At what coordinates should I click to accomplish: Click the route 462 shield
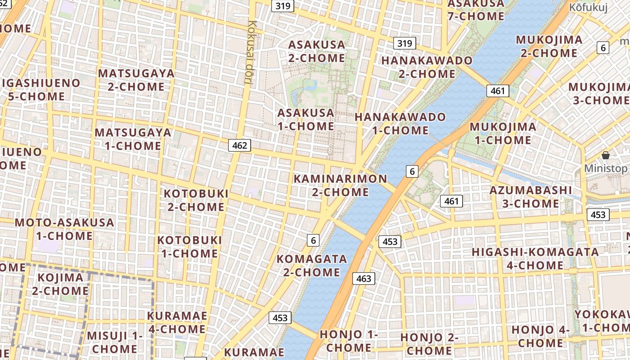pyautogui.click(x=239, y=145)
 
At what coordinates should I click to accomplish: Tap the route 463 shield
pyautogui.click(x=363, y=279)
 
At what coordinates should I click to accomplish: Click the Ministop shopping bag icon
pyautogui.click(x=606, y=155)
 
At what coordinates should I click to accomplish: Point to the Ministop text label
pyautogui.click(x=606, y=169)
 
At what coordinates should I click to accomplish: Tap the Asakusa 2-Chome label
pyautogui.click(x=317, y=51)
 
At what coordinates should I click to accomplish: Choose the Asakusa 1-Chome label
pyautogui.click(x=306, y=119)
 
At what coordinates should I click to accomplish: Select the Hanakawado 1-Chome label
pyautogui.click(x=400, y=124)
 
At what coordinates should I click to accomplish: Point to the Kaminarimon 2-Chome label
pyautogui.click(x=340, y=185)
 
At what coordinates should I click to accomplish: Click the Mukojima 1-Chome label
pyautogui.click(x=503, y=133)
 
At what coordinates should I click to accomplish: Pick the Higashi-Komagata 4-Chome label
pyautogui.click(x=535, y=258)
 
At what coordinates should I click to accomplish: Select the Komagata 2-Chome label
pyautogui.click(x=311, y=265)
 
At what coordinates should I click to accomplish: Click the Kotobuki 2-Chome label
pyautogui.click(x=196, y=200)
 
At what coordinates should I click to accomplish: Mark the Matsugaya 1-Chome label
pyautogui.click(x=133, y=139)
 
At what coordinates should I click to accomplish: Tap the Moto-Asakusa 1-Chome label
pyautogui.click(x=64, y=229)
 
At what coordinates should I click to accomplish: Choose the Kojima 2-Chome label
pyautogui.click(x=60, y=284)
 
